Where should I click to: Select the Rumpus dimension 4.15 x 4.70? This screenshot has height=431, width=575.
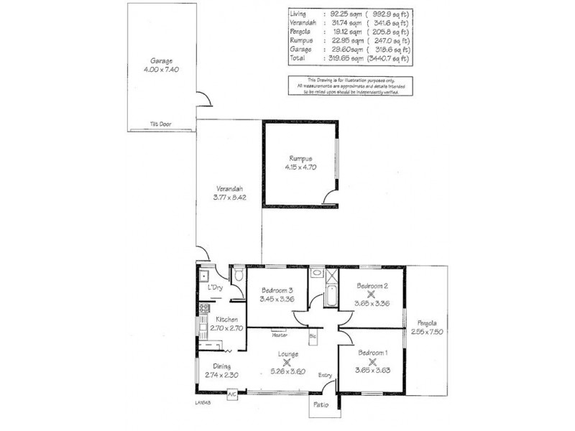[x=300, y=167]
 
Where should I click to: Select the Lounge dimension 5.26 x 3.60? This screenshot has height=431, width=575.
[x=287, y=371]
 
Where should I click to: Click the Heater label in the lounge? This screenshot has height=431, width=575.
[x=280, y=335]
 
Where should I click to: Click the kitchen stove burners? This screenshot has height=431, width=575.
[x=203, y=310]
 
